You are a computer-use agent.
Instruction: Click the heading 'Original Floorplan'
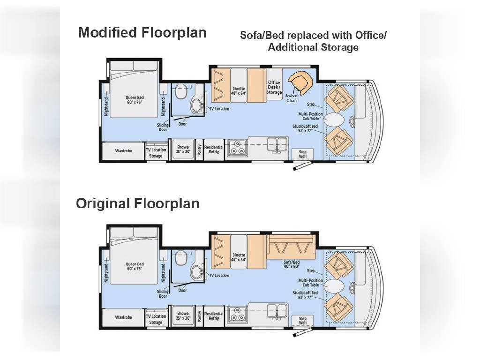138,203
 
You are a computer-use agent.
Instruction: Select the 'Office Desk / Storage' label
274,87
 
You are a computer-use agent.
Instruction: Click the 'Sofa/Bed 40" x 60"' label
292,264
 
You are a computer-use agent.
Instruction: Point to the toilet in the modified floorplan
181,91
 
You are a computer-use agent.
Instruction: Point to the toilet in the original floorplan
181,257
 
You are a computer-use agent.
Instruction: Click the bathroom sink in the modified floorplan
197,105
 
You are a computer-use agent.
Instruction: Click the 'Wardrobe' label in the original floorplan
123,317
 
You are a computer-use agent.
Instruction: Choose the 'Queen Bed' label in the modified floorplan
135,100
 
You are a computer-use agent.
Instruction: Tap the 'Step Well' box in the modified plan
302,154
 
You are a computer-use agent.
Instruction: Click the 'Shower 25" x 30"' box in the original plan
183,315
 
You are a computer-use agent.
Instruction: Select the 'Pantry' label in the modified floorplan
199,150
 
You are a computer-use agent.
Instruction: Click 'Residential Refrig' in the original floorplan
214,316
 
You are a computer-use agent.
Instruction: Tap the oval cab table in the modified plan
334,120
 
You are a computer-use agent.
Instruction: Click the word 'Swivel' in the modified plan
292,96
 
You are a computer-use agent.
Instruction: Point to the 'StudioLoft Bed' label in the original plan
305,292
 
